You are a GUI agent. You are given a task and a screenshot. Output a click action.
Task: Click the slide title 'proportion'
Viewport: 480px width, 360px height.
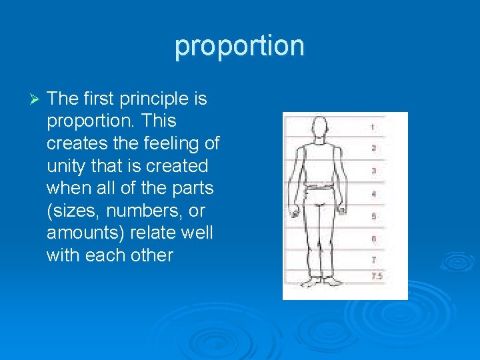[x=239, y=46]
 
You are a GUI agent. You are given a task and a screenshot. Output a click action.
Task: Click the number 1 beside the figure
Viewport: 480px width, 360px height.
[x=373, y=127]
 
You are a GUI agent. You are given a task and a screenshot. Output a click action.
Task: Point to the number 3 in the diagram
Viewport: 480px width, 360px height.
[x=373, y=171]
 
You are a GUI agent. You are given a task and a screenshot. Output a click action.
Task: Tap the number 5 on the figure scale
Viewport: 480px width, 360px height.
[x=373, y=217]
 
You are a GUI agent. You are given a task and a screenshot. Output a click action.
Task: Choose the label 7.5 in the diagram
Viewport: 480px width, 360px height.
[x=376, y=275]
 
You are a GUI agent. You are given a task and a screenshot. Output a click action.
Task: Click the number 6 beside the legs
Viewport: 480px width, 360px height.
[x=373, y=239]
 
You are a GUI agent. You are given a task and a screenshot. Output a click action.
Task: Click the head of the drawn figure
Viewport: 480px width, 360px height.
[x=320, y=127]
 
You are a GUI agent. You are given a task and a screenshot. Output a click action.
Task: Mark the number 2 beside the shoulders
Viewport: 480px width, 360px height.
[x=373, y=148]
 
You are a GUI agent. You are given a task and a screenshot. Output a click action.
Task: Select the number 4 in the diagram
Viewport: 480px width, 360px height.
[x=373, y=194]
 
